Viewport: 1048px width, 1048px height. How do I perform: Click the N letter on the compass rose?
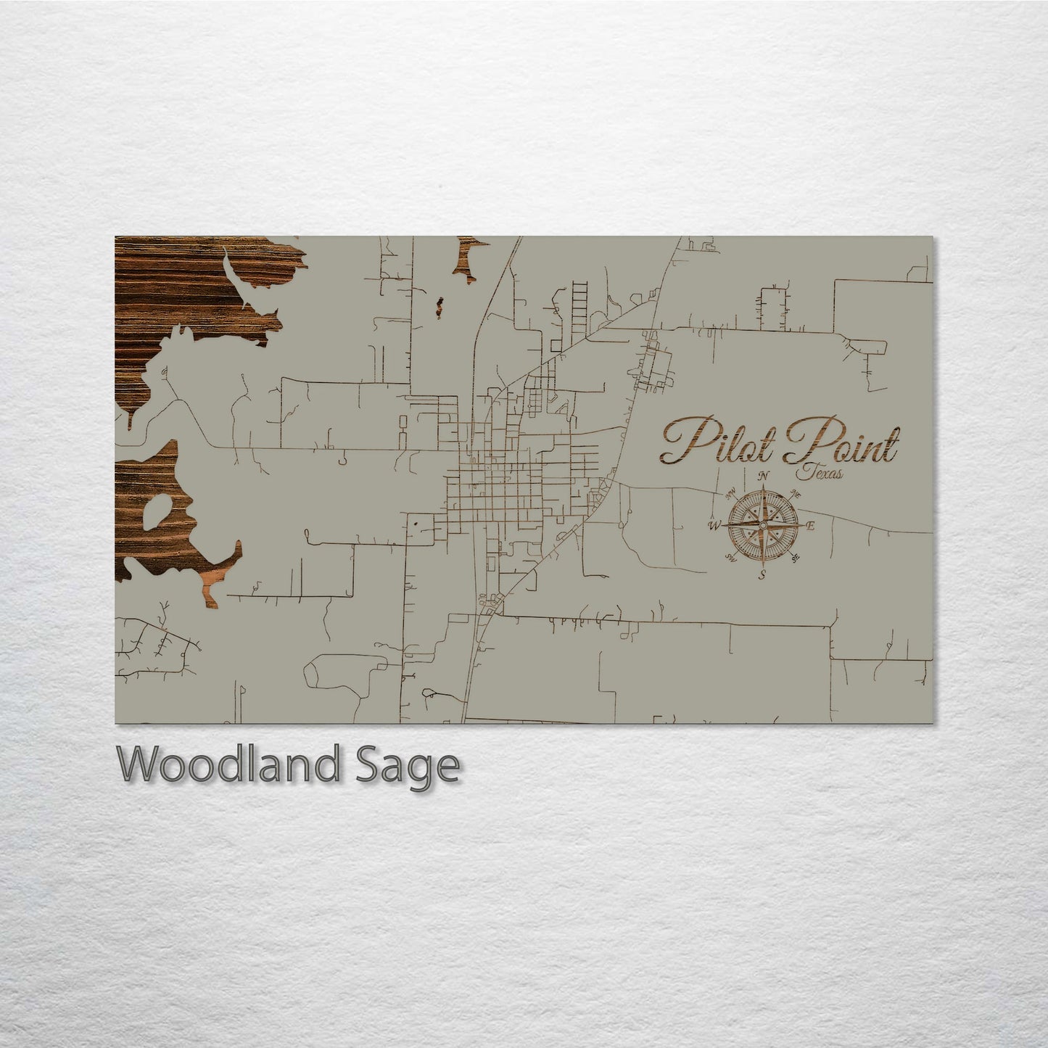click(x=763, y=476)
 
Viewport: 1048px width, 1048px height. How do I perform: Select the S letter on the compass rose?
click(x=762, y=575)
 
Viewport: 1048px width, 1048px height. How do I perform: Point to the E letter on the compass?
click(x=811, y=526)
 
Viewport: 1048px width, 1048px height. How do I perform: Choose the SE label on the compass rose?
click(x=796, y=558)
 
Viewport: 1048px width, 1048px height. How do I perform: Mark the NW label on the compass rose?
click(x=730, y=495)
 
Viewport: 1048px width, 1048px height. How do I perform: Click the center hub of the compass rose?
click(x=763, y=525)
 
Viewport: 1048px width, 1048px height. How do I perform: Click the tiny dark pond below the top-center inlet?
click(x=438, y=306)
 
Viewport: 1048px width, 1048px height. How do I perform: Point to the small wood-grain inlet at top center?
click(x=466, y=257)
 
